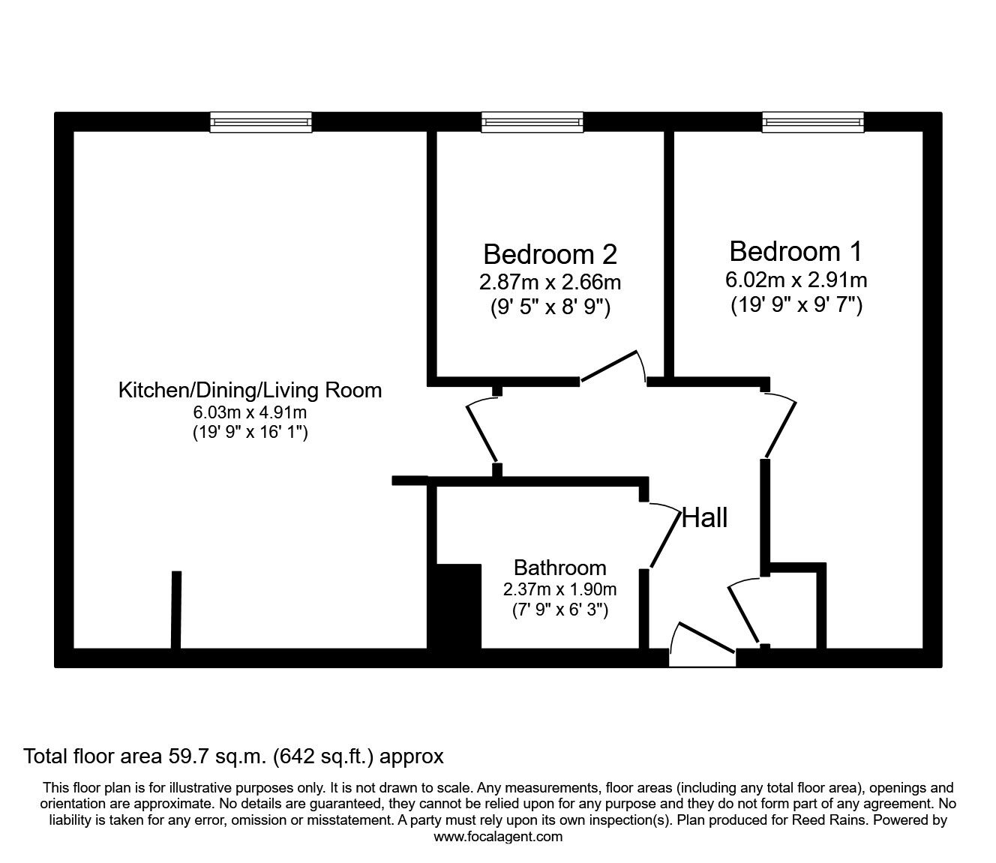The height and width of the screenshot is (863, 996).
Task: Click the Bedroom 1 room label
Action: tap(796, 250)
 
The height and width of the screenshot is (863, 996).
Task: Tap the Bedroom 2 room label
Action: tap(550, 254)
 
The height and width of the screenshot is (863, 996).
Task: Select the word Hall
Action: tap(704, 517)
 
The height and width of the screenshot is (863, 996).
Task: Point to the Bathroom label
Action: tap(559, 568)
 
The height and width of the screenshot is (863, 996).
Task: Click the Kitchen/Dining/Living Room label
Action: tap(250, 390)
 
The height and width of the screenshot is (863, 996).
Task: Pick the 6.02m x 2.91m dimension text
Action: tap(796, 280)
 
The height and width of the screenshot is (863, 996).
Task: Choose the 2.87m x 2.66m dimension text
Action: tap(550, 283)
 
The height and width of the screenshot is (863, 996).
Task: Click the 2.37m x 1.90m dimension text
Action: tap(559, 589)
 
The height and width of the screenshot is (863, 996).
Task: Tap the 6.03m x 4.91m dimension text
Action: tap(250, 412)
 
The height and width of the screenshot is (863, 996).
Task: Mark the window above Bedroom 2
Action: tap(532, 122)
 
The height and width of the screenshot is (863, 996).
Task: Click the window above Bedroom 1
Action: tap(813, 122)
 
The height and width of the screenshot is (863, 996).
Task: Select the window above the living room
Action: tap(260, 122)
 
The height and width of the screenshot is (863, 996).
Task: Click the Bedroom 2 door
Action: tap(613, 367)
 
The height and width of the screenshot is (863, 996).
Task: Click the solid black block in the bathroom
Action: tap(457, 606)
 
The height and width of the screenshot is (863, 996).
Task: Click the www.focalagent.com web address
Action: tap(498, 837)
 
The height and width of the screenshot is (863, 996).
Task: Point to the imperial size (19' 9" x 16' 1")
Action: tap(250, 433)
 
